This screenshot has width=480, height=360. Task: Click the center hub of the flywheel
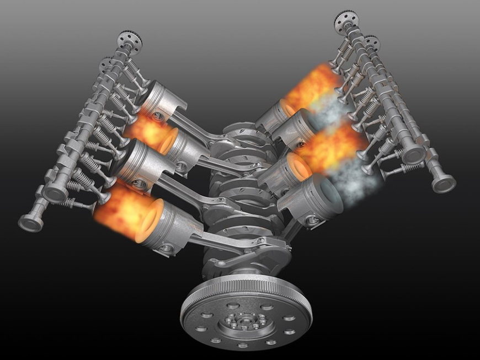[242, 321]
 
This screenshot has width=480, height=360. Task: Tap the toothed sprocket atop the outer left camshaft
[129, 40]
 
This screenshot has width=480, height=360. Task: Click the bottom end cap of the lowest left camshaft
[31, 223]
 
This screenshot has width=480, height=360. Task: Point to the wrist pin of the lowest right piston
[312, 221]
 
